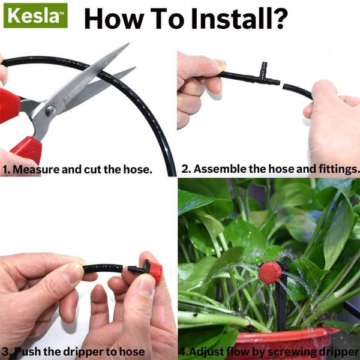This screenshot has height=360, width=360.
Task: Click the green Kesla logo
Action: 35,16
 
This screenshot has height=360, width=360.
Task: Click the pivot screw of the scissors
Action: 50,111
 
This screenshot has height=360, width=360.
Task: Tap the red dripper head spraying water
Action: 270,272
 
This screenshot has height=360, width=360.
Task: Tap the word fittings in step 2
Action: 335,170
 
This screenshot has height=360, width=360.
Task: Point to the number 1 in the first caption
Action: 5,170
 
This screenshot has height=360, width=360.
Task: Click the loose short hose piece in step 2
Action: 297,91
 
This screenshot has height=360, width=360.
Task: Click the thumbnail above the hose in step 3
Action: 73,273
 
